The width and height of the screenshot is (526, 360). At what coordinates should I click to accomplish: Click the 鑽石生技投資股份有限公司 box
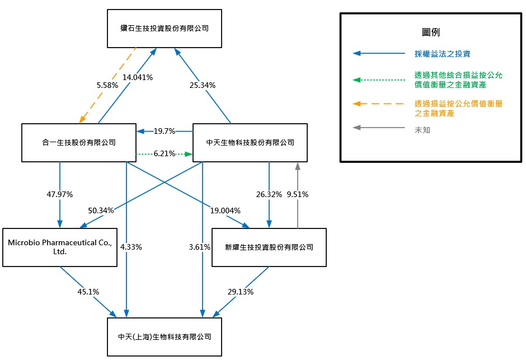click(165, 28)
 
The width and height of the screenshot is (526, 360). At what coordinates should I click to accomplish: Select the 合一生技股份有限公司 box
click(78, 143)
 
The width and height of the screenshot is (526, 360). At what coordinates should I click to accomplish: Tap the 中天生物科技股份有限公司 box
click(250, 143)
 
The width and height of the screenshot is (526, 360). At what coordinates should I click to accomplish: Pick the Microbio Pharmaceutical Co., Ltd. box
click(60, 247)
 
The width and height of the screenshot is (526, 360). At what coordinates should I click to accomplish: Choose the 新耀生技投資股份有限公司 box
click(269, 247)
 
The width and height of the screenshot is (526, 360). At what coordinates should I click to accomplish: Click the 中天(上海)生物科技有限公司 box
click(165, 337)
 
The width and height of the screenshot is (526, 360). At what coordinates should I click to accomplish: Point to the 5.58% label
click(107, 86)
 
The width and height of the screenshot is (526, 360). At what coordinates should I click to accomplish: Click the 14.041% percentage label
click(138, 78)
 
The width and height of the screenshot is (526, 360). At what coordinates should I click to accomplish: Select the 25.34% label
click(203, 86)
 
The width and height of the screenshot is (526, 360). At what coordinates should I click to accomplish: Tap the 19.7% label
click(165, 131)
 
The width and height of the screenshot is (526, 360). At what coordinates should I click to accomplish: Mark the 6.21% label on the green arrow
click(165, 153)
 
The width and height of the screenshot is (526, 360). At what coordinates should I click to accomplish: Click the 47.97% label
click(60, 194)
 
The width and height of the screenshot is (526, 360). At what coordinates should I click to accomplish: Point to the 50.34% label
click(101, 211)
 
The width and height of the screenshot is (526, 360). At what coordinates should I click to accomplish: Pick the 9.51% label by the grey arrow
click(298, 195)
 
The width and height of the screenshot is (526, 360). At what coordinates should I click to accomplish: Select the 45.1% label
click(88, 292)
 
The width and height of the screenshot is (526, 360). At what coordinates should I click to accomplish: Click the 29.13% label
click(241, 292)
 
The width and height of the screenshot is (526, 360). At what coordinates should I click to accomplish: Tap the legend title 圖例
click(431, 32)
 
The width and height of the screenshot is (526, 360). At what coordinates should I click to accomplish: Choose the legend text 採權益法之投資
click(443, 54)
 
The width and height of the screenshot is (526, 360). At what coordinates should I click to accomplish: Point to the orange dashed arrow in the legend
click(378, 104)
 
